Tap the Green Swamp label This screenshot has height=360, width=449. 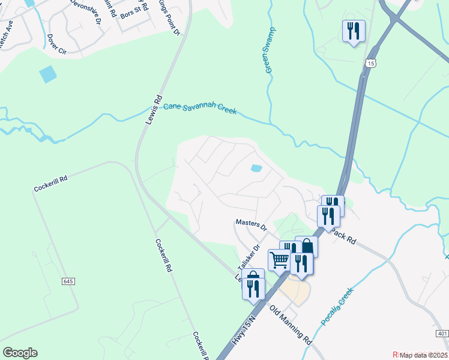[270, 50]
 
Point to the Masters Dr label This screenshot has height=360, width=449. [251, 224]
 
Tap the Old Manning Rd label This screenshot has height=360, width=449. [291, 324]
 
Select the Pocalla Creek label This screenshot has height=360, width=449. [337, 307]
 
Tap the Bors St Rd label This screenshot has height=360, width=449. [134, 13]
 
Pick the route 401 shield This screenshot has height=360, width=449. [442, 333]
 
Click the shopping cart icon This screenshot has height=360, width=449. [279, 260]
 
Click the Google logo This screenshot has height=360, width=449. [20, 352]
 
